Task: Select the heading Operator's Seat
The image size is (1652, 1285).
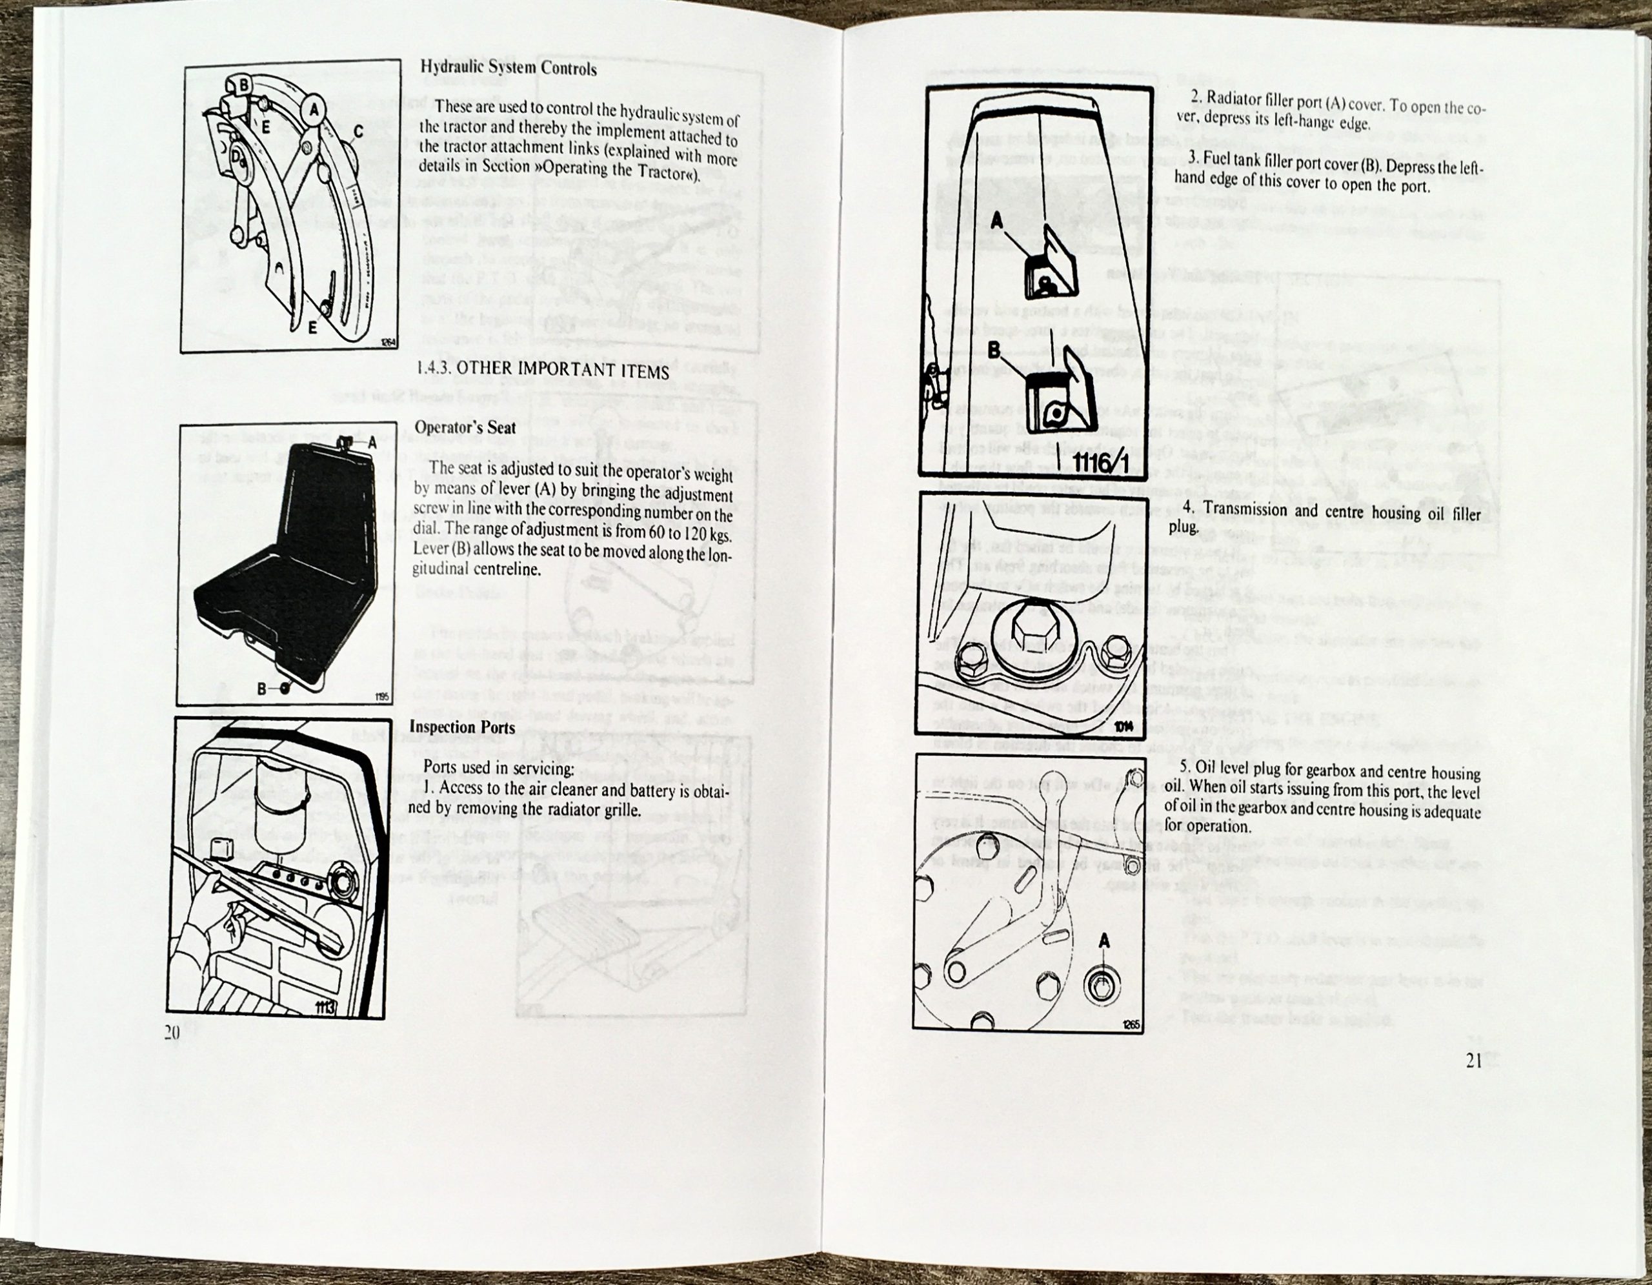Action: coord(465,427)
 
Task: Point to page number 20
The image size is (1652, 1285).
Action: coord(172,1033)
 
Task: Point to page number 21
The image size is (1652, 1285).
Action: coord(1473,1061)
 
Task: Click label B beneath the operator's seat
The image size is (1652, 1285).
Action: coord(262,688)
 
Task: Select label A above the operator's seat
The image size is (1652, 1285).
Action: coord(372,444)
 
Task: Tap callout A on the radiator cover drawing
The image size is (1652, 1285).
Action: coord(997,220)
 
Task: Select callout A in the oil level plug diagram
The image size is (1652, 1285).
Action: coord(1104,940)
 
